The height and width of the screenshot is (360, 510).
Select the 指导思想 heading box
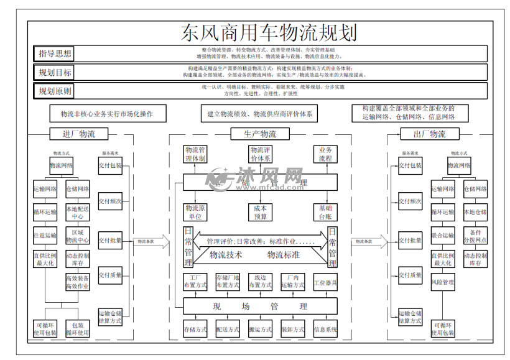(55, 54)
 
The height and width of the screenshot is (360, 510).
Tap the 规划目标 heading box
(55, 73)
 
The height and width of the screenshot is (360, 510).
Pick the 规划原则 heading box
(55, 91)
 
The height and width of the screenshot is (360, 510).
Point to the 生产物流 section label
(261, 134)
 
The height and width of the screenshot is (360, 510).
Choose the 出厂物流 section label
(430, 134)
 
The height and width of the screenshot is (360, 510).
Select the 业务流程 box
(325, 155)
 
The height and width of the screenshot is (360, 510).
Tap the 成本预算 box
(260, 212)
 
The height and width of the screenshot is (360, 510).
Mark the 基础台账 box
(325, 212)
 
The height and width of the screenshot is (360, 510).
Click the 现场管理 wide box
(260, 306)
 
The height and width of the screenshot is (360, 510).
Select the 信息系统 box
(325, 329)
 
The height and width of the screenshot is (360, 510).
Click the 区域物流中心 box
(78, 236)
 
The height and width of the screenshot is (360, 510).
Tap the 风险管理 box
(442, 282)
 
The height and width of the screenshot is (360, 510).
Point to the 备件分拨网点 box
(475, 236)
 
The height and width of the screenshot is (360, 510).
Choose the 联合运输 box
(442, 236)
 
